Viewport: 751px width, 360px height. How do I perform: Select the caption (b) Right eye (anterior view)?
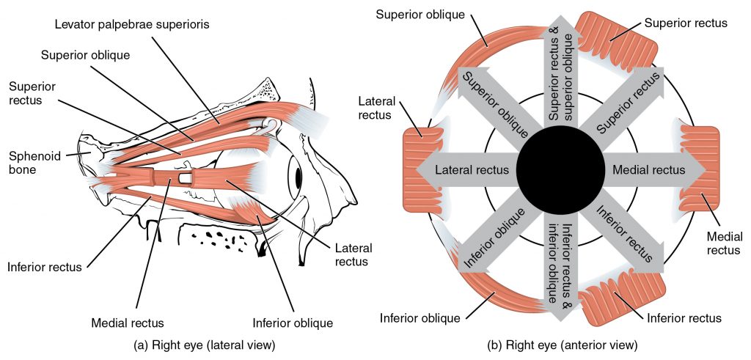click(563, 344)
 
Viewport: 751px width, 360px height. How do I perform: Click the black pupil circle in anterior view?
click(560, 169)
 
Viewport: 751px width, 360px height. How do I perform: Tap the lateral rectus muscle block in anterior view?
click(421, 169)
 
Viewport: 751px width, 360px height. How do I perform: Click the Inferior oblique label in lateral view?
click(292, 323)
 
